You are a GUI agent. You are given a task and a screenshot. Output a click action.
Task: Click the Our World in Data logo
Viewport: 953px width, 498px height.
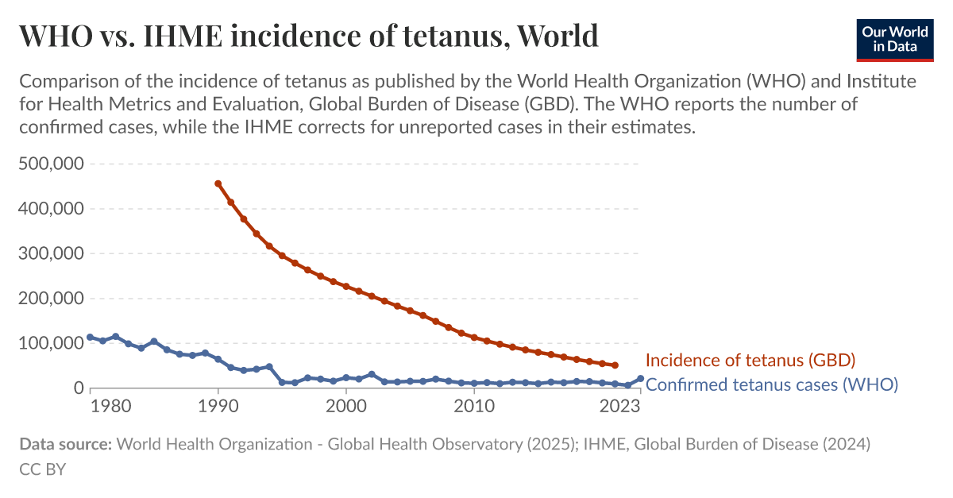click(x=895, y=38)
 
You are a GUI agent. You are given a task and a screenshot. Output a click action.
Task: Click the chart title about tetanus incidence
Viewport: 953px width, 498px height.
click(x=308, y=36)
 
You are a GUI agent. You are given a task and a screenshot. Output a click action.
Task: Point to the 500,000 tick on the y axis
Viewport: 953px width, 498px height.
click(x=51, y=164)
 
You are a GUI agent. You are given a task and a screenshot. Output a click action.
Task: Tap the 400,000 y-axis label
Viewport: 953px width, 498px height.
click(x=51, y=209)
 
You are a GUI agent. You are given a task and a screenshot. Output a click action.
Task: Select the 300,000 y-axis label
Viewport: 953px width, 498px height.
click(x=51, y=254)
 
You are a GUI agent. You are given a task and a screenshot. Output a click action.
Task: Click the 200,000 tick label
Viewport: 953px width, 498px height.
click(x=51, y=299)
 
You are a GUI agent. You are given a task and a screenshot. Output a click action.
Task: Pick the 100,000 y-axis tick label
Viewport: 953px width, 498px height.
click(x=51, y=344)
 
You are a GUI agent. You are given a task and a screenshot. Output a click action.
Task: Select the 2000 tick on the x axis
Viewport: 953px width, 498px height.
click(x=345, y=407)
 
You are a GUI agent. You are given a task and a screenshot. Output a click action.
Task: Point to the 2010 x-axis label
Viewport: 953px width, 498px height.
click(x=474, y=407)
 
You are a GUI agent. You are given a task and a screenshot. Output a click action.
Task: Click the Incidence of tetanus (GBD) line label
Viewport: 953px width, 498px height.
click(x=750, y=361)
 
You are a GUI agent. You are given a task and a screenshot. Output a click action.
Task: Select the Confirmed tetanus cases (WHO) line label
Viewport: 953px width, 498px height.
click(x=771, y=385)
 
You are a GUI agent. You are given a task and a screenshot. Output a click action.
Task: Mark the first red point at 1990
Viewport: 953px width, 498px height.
click(x=218, y=183)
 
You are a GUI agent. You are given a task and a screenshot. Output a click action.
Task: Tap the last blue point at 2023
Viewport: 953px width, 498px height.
click(x=640, y=379)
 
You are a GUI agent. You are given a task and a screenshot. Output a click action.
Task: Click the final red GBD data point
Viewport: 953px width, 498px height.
click(x=615, y=365)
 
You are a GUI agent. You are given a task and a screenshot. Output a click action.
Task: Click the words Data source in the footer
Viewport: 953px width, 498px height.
click(x=65, y=444)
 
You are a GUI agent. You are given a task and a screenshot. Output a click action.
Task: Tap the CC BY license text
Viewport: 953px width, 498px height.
click(x=42, y=469)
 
